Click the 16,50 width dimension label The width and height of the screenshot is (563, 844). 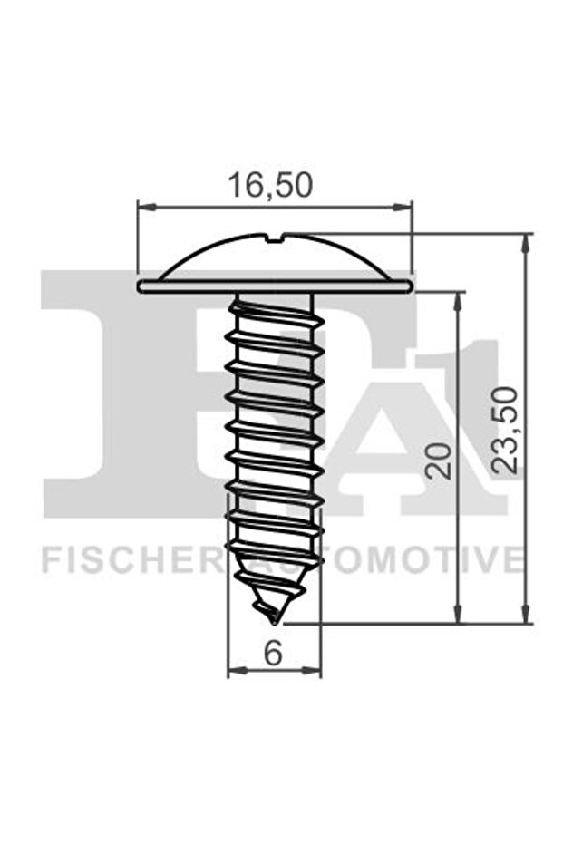(x=269, y=185)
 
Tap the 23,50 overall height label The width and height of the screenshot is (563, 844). (x=509, y=429)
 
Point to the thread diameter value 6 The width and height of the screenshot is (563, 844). (x=273, y=653)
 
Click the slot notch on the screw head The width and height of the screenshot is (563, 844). (x=281, y=239)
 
